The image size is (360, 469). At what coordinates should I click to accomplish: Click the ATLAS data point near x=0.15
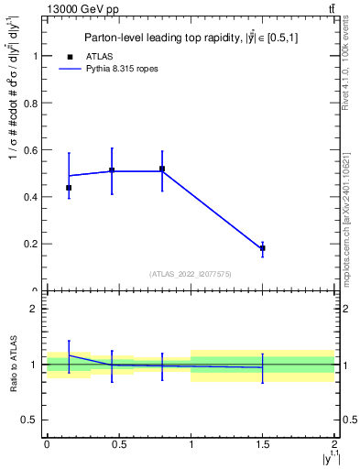69,188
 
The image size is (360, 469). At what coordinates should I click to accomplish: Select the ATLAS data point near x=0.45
112,170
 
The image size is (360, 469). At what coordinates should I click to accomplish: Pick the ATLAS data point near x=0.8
162,169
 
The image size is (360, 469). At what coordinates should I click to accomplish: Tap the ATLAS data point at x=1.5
263,248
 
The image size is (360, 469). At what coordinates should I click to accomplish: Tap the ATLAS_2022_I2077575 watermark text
191,273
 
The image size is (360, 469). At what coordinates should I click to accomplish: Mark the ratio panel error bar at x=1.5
263,367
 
